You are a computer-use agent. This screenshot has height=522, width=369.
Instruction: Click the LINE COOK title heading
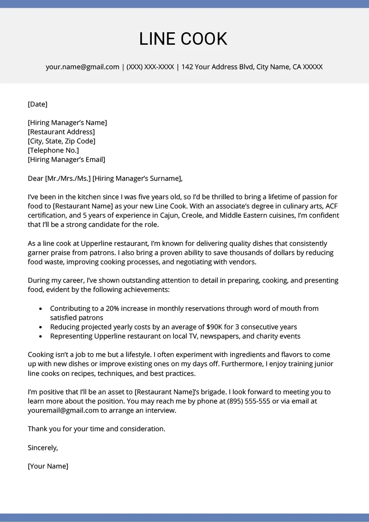[183, 39]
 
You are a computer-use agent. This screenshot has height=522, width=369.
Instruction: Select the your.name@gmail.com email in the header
[83, 67]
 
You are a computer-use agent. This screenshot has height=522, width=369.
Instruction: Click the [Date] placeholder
[38, 104]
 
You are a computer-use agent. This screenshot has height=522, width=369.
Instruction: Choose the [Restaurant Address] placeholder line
[61, 132]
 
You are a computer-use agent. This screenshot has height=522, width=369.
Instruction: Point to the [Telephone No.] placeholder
[54, 150]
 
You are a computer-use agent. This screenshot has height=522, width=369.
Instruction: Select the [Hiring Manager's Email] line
[66, 160]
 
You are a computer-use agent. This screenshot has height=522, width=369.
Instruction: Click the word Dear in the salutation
[36, 178]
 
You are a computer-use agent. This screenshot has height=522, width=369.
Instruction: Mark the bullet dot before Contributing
[41, 308]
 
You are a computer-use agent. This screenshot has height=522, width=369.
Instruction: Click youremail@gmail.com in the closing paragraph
[63, 410]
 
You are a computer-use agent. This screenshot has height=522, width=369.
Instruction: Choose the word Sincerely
[43, 447]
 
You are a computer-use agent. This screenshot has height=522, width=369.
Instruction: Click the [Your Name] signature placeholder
[48, 466]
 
